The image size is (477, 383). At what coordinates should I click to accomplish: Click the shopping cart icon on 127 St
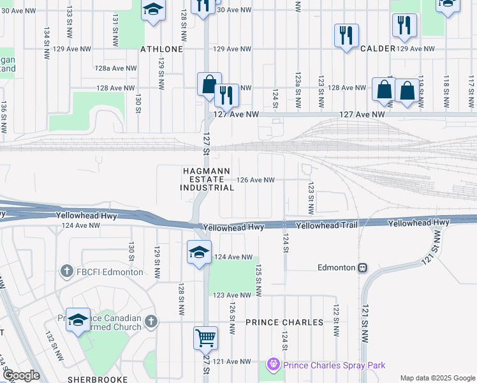coord(205,338)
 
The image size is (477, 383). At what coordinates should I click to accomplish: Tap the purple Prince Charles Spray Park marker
coord(274,365)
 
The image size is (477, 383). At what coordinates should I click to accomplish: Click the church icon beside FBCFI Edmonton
coord(66,272)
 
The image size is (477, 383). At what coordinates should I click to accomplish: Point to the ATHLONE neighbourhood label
coord(162,49)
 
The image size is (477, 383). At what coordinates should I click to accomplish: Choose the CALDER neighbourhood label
coord(378,49)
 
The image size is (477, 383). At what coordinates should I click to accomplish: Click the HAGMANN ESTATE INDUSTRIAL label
coord(207,179)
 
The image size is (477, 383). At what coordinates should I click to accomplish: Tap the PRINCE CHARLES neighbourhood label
coord(284,322)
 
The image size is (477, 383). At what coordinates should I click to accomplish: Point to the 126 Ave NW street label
coord(255,180)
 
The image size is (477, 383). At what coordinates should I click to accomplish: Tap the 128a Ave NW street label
coord(116,68)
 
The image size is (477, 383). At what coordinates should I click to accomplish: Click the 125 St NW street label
coord(259,281)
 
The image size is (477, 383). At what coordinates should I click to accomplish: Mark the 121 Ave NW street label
coord(232,361)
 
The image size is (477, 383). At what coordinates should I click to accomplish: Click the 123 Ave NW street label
coord(232,295)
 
